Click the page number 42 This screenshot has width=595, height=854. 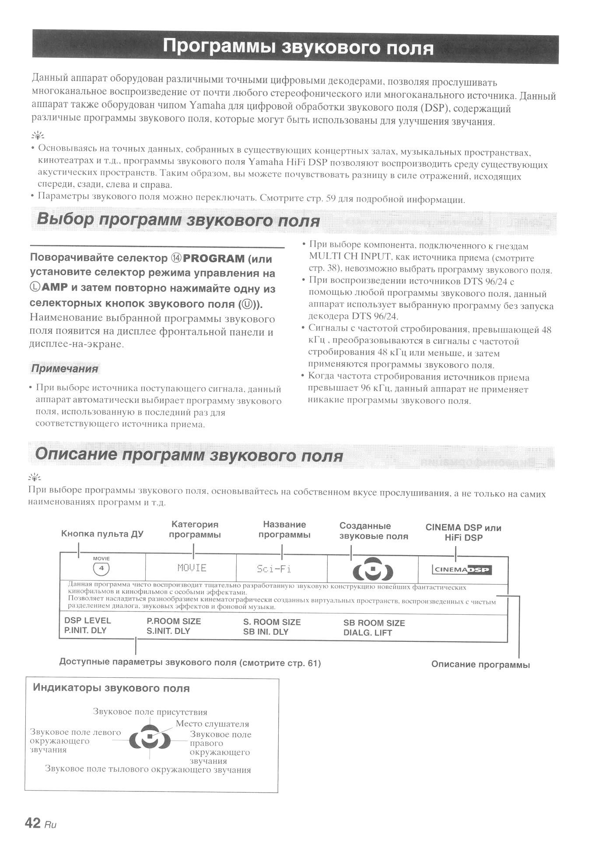point(32,823)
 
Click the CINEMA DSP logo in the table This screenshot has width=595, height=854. point(462,570)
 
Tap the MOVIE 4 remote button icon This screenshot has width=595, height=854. point(101,568)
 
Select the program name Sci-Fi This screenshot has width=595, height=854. point(274,569)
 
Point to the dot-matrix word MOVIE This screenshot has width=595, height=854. point(192,568)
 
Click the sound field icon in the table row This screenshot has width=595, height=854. point(373,569)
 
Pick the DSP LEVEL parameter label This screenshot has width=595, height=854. point(87,620)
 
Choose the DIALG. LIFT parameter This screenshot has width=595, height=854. point(367,633)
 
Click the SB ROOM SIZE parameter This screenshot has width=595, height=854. point(374,623)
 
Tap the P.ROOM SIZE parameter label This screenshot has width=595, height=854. point(174,621)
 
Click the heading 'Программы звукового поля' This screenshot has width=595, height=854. point(298,47)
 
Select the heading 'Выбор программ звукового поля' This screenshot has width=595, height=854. point(178,220)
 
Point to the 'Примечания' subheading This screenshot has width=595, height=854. point(65,368)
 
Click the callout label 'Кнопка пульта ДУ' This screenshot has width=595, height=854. point(102,534)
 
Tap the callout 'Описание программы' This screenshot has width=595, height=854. point(480,665)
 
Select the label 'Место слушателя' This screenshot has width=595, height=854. point(212,724)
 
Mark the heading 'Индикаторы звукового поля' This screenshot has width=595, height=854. point(111,688)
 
